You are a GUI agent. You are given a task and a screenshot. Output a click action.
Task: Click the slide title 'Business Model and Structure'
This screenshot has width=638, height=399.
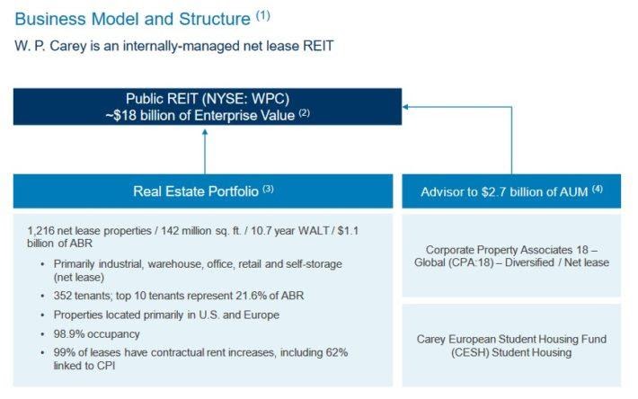coord(132,19)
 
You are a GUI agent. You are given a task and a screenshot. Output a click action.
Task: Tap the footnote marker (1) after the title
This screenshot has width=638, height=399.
coord(263,16)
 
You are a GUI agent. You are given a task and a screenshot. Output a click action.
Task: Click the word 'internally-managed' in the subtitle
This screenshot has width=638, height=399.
coord(181,46)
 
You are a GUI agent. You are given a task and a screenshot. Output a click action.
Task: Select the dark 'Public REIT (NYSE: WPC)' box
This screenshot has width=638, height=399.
coord(208,107)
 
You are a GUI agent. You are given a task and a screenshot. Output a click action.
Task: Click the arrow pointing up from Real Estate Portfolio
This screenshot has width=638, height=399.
coord(205,152)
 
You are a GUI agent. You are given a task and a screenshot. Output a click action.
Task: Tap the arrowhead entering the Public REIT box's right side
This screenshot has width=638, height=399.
coord(405,107)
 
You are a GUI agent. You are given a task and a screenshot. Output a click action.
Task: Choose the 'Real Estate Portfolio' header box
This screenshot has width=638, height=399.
coord(203,191)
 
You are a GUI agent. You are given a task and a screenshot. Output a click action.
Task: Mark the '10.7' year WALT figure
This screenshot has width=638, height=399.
coord(261,231)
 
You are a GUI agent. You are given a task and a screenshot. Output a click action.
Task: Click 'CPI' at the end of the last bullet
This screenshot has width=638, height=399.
coord(106,366)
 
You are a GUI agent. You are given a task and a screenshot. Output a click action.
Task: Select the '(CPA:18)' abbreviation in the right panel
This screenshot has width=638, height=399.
coord(472,262)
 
